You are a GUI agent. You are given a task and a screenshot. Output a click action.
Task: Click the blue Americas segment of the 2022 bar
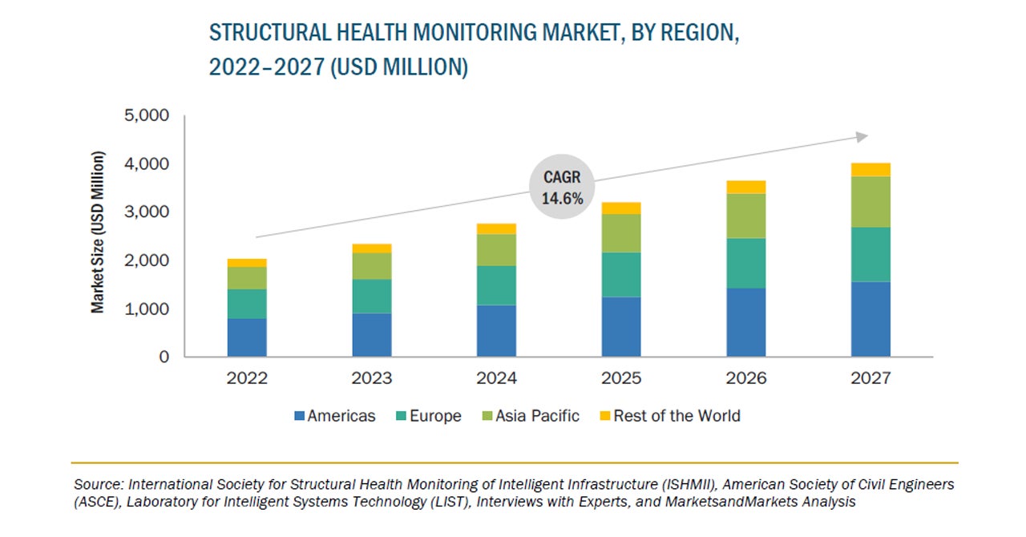pos(247,337)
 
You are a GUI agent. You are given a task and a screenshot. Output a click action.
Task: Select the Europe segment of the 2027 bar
pos(870,254)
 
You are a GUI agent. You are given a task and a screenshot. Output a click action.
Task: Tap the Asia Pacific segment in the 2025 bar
pos(621,233)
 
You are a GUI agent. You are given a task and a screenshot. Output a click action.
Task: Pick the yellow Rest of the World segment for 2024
pos(496,228)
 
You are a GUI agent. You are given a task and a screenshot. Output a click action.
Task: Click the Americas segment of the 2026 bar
pos(746,322)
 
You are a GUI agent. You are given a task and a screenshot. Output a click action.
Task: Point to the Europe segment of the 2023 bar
pos(372,296)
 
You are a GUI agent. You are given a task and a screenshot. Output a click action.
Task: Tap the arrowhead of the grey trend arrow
pos(862,137)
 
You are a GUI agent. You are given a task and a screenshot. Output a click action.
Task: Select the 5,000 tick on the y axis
pos(147,116)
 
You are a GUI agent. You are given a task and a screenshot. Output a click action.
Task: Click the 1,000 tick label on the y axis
pos(147,309)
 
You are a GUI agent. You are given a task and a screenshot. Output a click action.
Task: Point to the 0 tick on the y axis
pos(164,357)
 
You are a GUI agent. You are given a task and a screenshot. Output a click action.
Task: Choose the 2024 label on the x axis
pos(496,378)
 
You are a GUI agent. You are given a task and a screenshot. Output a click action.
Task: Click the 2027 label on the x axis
pos(870,378)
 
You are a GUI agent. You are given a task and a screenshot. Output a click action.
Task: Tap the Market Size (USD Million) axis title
pos(98,232)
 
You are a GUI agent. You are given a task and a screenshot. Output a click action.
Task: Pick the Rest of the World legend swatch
pos(605,416)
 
